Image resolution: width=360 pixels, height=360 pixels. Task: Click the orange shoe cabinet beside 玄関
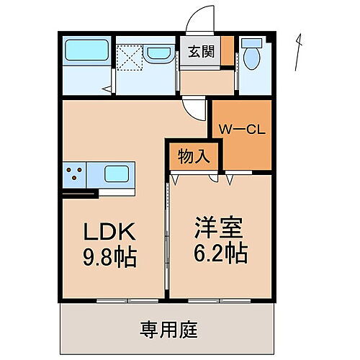click(x=227, y=53)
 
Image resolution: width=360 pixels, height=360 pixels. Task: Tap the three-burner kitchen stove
click(x=74, y=174)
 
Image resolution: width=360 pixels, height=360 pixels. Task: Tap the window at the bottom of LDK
click(x=113, y=299)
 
